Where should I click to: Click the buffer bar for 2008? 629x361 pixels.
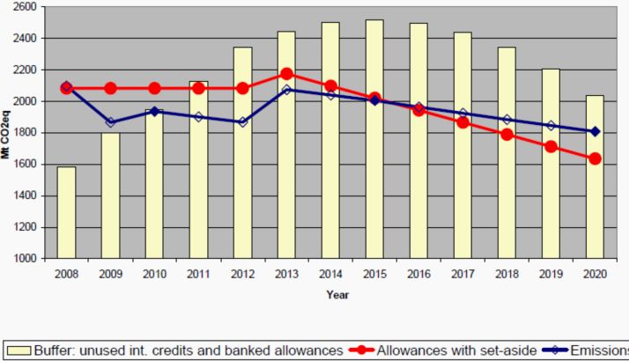[66, 212]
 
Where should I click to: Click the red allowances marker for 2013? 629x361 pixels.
[286, 73]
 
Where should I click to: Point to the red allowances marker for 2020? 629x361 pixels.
[595, 158]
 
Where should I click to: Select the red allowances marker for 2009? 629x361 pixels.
[110, 88]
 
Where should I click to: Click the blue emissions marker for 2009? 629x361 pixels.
[110, 122]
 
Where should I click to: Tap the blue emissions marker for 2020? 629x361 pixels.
[595, 131]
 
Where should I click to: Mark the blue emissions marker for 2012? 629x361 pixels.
[242, 122]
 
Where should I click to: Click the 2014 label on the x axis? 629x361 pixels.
[329, 274]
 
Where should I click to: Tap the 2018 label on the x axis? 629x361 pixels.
[506, 274]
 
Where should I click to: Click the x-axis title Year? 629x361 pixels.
[337, 294]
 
